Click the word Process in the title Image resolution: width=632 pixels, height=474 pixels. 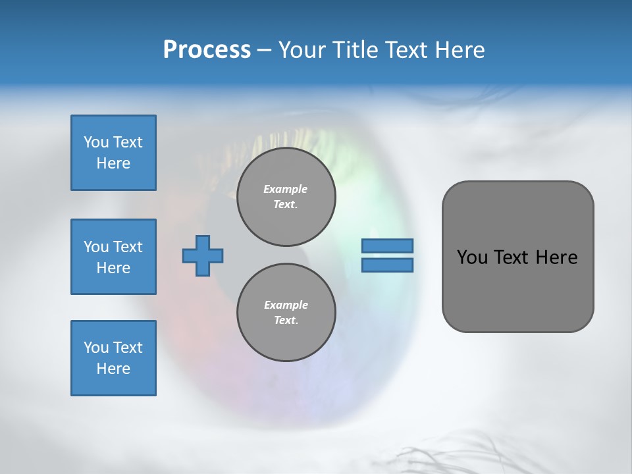(207, 50)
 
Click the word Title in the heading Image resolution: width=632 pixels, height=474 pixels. (354, 50)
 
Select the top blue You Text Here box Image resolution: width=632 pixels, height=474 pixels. (113, 153)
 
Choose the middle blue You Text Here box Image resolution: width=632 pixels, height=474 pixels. (113, 257)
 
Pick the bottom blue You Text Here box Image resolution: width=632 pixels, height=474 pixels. (113, 358)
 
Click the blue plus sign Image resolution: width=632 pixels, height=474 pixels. (203, 255)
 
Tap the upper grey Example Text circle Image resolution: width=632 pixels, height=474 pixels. (286, 197)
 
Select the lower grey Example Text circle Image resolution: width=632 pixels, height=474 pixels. (286, 313)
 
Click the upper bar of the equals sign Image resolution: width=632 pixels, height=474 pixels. (387, 246)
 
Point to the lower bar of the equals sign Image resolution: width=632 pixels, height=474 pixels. (387, 265)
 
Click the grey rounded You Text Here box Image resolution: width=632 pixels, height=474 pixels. (517, 257)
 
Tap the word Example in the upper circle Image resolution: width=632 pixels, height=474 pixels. (286, 189)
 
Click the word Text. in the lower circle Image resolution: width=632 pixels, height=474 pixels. (286, 321)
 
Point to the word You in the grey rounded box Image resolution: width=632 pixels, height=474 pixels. (471, 257)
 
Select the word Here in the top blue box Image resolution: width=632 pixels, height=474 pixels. (113, 163)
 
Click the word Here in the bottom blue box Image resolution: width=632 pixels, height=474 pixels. (113, 369)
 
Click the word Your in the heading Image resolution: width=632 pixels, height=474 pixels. (302, 50)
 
